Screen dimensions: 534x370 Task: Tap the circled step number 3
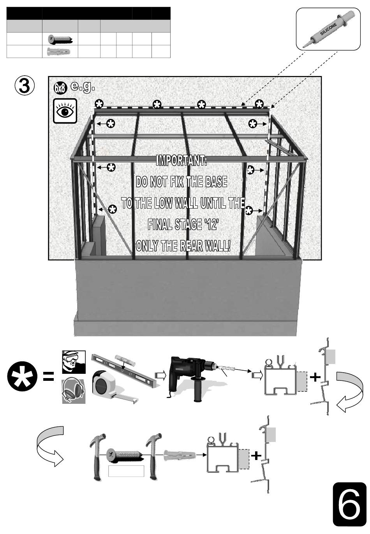click(x=25, y=86)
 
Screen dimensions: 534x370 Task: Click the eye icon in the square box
click(x=65, y=111)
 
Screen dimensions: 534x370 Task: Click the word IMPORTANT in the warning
click(x=181, y=160)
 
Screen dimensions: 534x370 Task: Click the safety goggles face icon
click(x=73, y=362)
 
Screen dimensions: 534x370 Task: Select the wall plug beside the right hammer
click(x=177, y=454)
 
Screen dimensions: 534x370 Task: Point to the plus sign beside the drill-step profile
click(x=315, y=377)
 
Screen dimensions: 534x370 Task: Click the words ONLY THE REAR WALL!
click(x=183, y=246)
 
